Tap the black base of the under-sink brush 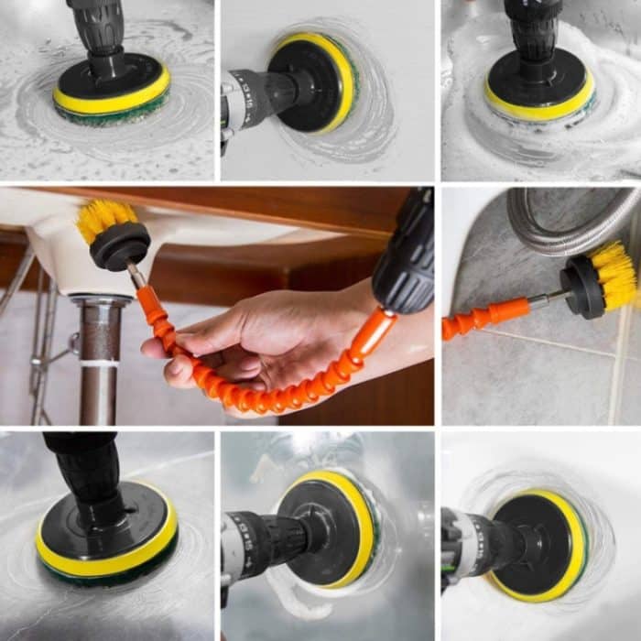point(121,245)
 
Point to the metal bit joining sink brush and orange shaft point(136,276)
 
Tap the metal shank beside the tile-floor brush point(545,299)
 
